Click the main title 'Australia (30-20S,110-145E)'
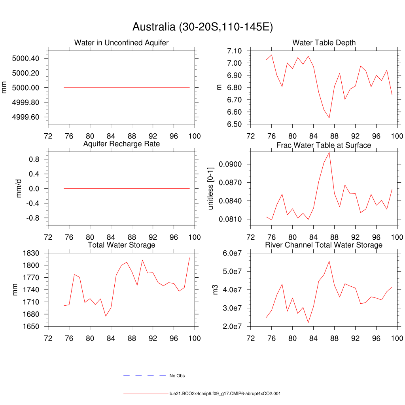202,27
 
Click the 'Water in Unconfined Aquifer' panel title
121,43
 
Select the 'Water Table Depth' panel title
324,43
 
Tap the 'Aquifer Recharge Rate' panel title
121,144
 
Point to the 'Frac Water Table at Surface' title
324,146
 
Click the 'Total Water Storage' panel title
121,245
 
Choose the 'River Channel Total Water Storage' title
324,245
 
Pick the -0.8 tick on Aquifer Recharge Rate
33,218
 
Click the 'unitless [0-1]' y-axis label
210,189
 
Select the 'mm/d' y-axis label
19,189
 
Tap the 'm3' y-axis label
216,290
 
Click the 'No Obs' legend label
177,376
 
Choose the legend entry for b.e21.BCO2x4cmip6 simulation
225,394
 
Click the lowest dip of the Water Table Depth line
329,118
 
